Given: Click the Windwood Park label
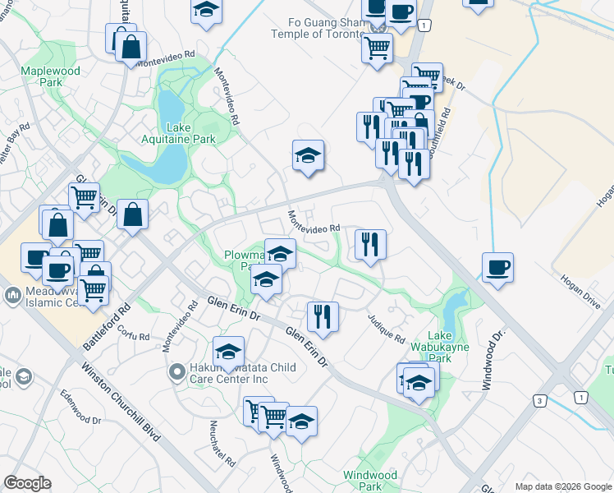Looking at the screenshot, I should tap(369, 481).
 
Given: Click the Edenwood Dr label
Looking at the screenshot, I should tap(80, 420).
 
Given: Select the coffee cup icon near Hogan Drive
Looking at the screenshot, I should tap(497, 267).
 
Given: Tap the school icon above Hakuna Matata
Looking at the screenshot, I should tap(228, 351).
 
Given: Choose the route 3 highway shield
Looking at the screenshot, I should tap(539, 401).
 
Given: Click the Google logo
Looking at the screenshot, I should tap(27, 483).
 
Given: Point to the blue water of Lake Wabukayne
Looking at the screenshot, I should tap(453, 311).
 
